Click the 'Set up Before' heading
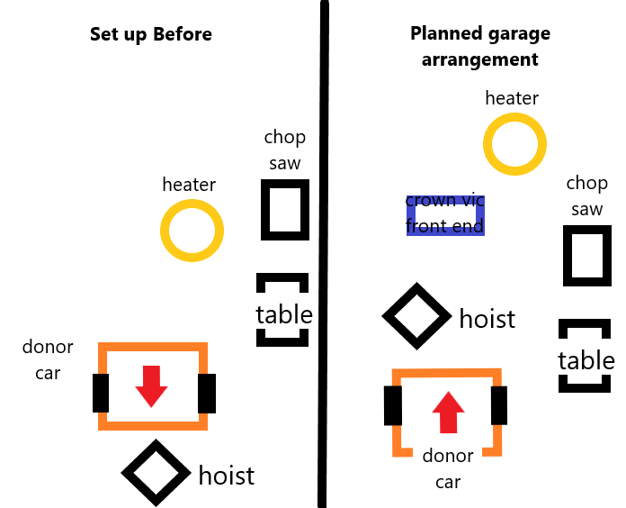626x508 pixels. click(151, 35)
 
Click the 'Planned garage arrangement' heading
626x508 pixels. click(479, 47)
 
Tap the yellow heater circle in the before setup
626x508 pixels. click(192, 231)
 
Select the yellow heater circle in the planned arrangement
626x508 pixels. click(514, 144)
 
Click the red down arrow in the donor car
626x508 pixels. click(151, 386)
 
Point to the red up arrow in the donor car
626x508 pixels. click(447, 414)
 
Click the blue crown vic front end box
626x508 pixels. click(445, 214)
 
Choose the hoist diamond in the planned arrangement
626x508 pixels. click(416, 316)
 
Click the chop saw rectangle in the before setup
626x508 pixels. click(284, 210)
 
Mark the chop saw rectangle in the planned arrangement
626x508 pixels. click(586, 255)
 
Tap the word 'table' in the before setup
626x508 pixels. click(284, 314)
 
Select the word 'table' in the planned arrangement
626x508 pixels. click(586, 360)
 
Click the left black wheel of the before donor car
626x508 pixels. click(101, 394)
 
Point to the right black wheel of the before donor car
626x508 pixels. click(207, 394)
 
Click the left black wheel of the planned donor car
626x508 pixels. click(393, 405)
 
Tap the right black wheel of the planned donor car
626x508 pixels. click(499, 405)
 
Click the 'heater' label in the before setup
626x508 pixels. click(189, 185)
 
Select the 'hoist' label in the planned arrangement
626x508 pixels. click(487, 319)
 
